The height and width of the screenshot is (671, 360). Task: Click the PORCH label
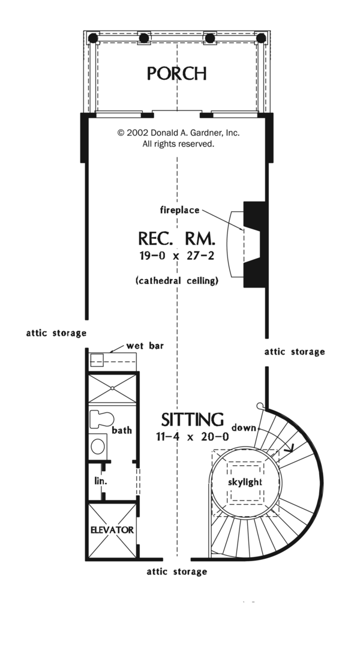pos(178,74)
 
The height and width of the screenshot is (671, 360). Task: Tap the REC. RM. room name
pos(177,239)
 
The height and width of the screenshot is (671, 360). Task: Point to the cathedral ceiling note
pos(176,280)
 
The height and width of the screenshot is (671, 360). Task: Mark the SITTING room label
pos(192,419)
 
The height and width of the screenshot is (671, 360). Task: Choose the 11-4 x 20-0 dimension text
pos(191,437)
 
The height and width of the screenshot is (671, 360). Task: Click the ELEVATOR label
pos(112,531)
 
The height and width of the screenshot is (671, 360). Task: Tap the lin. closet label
pos(100,481)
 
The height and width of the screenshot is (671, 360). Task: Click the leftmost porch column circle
pos(94,38)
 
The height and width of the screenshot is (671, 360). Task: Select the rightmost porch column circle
pos(261,38)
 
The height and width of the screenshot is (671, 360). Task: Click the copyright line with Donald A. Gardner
pos(178,133)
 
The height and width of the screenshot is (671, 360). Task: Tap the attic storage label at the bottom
pos(177,572)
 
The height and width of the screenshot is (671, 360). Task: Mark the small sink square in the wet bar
pos(97,360)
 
